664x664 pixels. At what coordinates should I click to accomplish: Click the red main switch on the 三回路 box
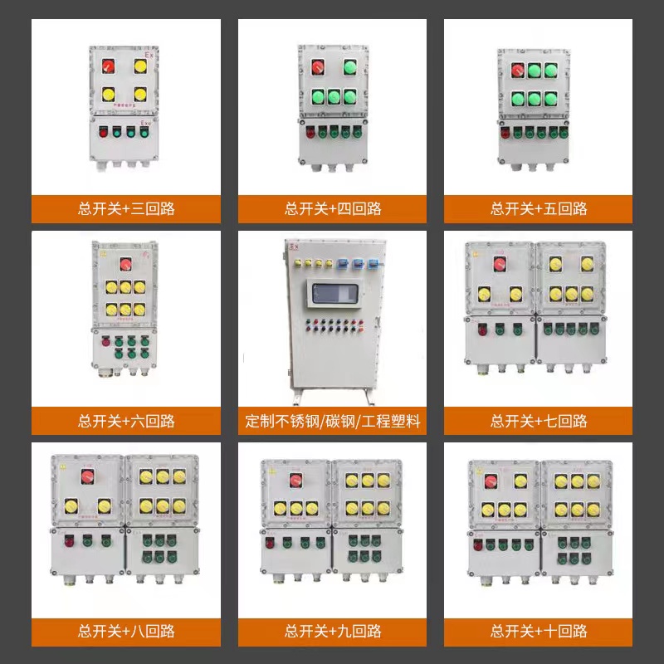pos(108,65)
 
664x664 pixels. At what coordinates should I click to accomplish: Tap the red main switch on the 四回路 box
pos(317,67)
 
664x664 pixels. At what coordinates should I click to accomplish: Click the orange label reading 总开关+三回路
pos(126,208)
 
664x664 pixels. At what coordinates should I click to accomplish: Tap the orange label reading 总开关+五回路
pos(539,208)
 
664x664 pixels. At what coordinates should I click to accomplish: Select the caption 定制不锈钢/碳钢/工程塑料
pos(333,421)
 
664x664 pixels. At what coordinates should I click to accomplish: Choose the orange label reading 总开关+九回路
pos(333,632)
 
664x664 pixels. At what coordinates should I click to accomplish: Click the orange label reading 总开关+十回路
pos(539,632)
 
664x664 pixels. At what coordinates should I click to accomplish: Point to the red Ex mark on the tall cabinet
pos(293,247)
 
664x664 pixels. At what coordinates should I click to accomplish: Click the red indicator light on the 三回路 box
pos(104,131)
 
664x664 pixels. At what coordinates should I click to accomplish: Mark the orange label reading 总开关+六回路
pos(126,421)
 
